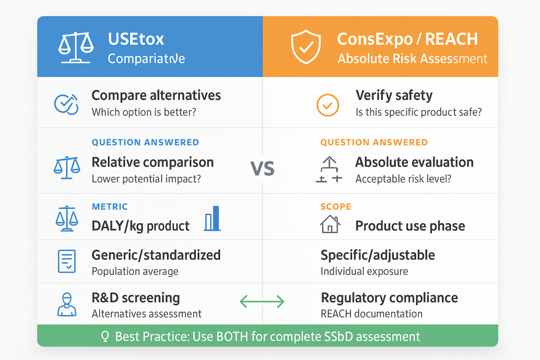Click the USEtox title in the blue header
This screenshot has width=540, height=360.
click(x=136, y=39)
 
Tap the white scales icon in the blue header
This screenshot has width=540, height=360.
click(x=76, y=48)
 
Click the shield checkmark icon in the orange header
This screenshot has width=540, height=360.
click(x=306, y=47)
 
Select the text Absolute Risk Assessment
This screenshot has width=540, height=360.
click(x=412, y=58)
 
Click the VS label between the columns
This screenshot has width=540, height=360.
click(x=262, y=169)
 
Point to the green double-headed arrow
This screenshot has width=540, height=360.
click(x=262, y=301)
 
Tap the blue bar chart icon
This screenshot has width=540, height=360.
click(x=212, y=218)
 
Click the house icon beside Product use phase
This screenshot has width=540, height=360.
click(x=330, y=224)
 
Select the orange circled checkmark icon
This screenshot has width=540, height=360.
click(x=328, y=105)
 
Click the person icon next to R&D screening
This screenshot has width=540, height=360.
click(x=67, y=304)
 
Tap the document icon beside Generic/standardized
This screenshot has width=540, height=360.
click(x=67, y=261)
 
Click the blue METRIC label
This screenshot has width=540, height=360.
click(x=110, y=207)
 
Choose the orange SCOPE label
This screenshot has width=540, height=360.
click(x=336, y=207)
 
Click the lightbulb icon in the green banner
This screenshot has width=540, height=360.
click(x=105, y=336)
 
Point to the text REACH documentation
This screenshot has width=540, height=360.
click(x=372, y=314)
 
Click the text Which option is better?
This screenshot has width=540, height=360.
click(x=144, y=112)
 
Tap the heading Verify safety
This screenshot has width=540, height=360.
click(x=394, y=95)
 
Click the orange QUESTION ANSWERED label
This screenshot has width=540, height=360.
click(x=374, y=142)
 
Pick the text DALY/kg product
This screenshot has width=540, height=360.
click(x=140, y=226)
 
